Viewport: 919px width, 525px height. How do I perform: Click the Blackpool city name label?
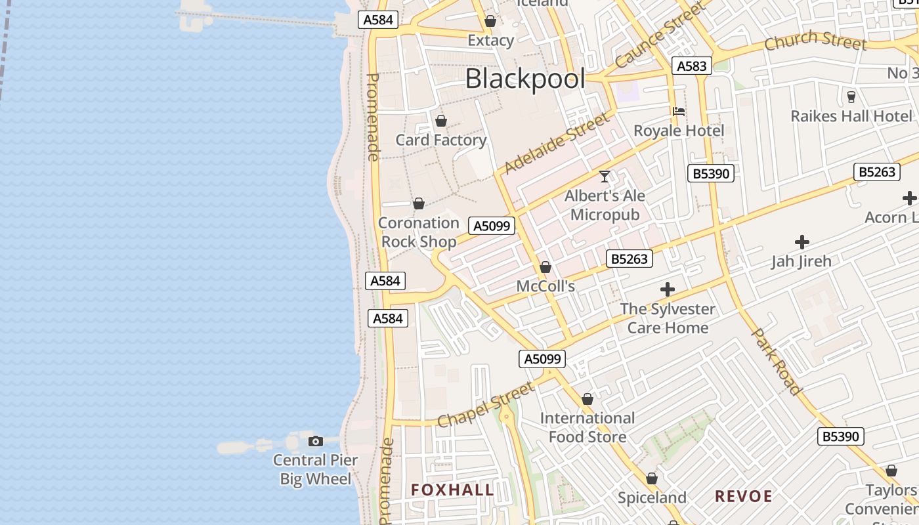tap(524, 79)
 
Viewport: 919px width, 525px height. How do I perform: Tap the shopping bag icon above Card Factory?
tap(441, 121)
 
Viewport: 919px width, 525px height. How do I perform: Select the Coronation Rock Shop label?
tap(419, 232)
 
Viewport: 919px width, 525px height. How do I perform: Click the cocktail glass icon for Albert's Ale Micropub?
tap(605, 177)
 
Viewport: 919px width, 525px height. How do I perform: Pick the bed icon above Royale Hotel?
tap(679, 112)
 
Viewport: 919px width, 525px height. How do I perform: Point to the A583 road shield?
tap(691, 66)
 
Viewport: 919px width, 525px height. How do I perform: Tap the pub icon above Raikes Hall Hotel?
tap(851, 97)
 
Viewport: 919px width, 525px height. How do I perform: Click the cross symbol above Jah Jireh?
tap(801, 242)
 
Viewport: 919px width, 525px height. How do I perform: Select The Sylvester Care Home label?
tap(668, 318)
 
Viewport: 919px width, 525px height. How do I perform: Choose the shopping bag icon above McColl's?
tap(545, 267)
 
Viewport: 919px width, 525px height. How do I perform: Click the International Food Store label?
tap(588, 427)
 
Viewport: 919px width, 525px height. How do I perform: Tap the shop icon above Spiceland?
tap(652, 479)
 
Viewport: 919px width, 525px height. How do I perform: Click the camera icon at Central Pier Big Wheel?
tap(316, 441)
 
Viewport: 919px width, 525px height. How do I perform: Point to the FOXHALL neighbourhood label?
tap(452, 490)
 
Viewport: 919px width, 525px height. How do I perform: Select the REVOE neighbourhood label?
tap(744, 496)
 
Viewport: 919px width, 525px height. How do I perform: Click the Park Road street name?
tap(777, 362)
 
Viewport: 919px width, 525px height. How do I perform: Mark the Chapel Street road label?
tap(485, 406)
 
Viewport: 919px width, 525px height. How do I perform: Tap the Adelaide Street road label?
tap(557, 143)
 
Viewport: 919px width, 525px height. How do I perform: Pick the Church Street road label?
tap(815, 40)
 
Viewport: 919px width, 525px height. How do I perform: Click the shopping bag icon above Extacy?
tap(490, 22)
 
